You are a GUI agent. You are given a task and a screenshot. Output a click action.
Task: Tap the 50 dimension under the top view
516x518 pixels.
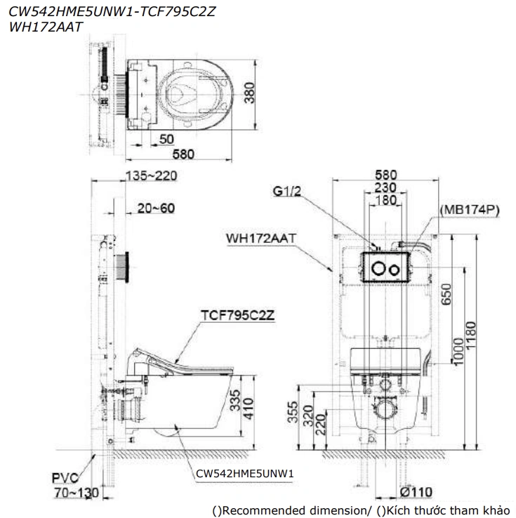[166, 138]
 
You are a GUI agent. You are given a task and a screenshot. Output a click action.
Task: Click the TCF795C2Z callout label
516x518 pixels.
[237, 315]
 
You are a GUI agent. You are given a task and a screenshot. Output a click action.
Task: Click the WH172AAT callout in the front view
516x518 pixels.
[261, 239]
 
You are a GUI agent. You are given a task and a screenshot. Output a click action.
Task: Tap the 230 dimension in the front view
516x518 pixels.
[385, 188]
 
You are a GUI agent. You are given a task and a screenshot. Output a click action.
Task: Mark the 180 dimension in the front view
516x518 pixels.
[385, 201]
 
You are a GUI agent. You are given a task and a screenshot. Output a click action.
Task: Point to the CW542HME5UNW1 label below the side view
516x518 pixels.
[244, 474]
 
